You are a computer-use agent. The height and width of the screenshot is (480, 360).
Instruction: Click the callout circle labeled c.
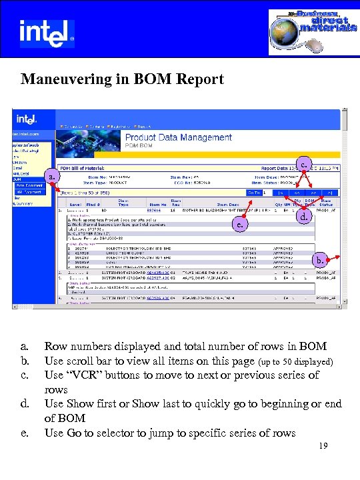click(304, 162)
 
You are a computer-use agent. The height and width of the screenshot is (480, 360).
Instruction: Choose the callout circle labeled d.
click(304, 218)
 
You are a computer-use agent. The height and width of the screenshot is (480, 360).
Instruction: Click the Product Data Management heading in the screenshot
click(179, 137)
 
